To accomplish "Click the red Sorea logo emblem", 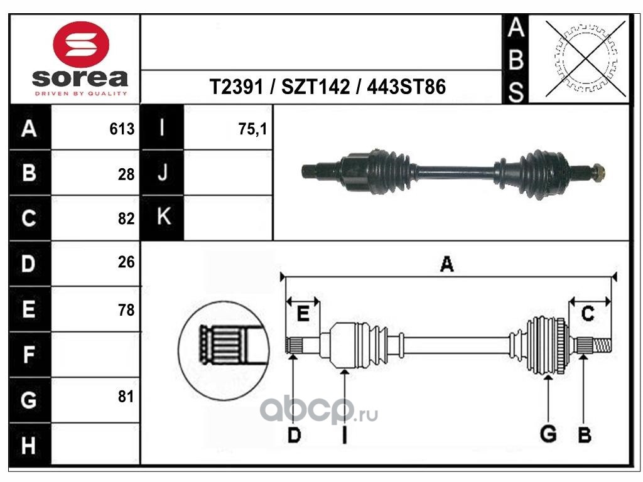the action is point(81,45).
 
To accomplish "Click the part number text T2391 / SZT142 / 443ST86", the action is point(327,87).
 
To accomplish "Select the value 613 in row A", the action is point(122,129).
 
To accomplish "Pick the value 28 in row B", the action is point(126,174).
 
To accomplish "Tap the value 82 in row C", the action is point(126,218).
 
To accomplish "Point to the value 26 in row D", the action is point(126,262).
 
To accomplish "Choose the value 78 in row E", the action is point(126,310).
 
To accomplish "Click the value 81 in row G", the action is point(126,397).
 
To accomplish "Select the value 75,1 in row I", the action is point(252,129).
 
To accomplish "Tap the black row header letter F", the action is point(29,355).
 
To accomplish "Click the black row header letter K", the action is point(164,216).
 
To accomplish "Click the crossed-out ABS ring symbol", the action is point(585,58).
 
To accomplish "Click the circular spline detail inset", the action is point(224,350).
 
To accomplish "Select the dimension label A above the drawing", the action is point(446,264).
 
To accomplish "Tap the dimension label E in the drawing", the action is point(303,314).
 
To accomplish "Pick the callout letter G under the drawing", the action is point(548,434).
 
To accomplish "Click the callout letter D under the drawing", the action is point(294,434).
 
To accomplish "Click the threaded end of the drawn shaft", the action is point(602,346).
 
